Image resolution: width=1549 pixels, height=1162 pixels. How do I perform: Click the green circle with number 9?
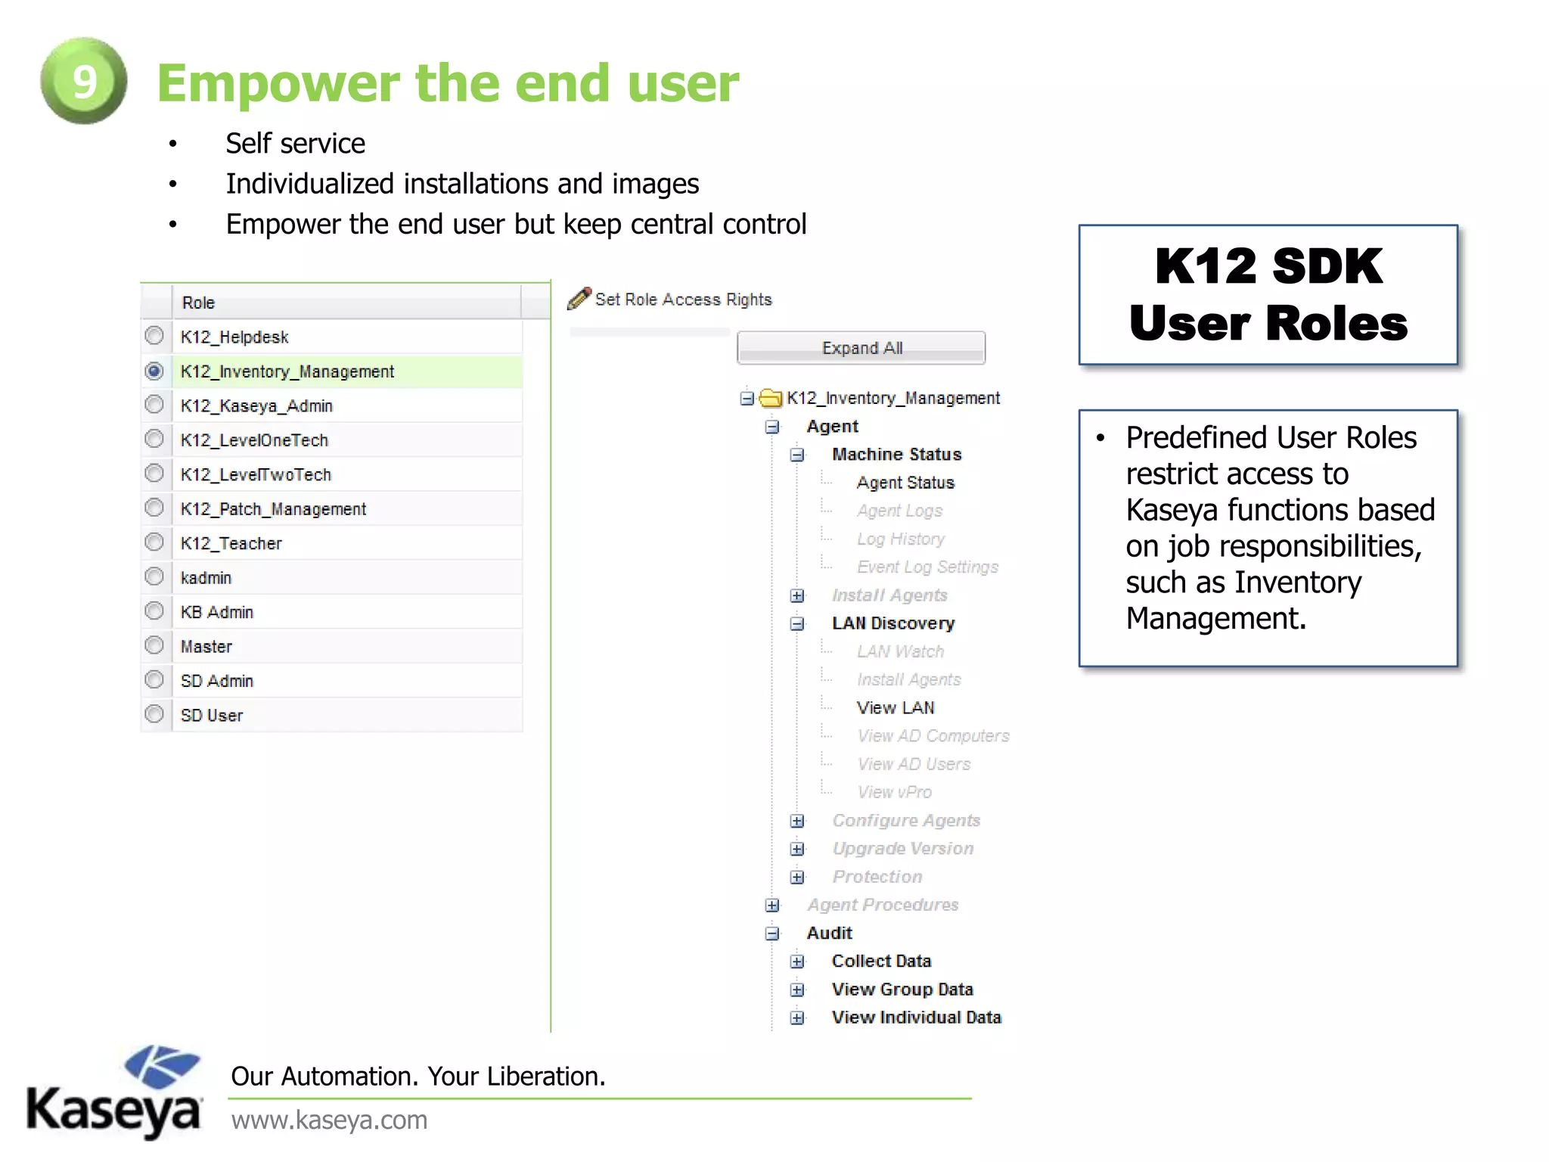click(x=83, y=81)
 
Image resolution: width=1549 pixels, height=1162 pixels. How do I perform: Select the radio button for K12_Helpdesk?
click(x=154, y=335)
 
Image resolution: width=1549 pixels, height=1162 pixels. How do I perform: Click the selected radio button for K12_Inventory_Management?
click(x=154, y=371)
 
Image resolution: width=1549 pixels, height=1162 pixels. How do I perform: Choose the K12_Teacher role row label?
click(x=231, y=543)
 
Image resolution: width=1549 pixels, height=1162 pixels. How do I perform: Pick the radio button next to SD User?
click(x=154, y=714)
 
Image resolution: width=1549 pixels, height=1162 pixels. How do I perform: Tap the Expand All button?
click(x=861, y=348)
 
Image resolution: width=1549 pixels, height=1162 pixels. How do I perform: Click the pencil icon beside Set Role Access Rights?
click(x=579, y=299)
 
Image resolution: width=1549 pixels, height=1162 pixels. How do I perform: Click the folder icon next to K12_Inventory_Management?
click(x=771, y=398)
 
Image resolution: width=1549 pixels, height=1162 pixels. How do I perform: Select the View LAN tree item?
click(x=896, y=707)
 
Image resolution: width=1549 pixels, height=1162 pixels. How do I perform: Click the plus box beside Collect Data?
click(x=796, y=962)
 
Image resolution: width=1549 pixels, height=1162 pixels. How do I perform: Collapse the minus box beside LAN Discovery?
click(x=796, y=623)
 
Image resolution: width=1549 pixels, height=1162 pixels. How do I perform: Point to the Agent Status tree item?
click(x=905, y=483)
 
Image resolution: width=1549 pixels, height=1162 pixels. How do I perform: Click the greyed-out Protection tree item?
click(x=877, y=877)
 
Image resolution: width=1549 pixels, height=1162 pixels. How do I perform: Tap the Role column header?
click(x=199, y=303)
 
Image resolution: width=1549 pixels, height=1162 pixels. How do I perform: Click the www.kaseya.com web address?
click(x=330, y=1120)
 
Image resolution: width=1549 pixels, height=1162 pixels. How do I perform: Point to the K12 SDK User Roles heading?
click(x=1268, y=295)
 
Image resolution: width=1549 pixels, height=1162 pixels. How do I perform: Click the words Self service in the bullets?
click(x=296, y=144)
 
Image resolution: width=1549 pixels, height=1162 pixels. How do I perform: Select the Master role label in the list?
click(x=206, y=647)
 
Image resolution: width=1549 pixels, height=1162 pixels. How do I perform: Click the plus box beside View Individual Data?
click(x=796, y=1018)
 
